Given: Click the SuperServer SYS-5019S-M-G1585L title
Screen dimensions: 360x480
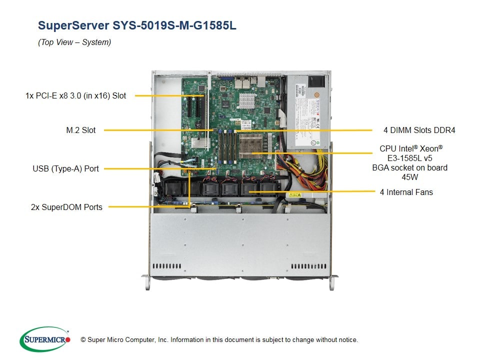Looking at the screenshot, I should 137,25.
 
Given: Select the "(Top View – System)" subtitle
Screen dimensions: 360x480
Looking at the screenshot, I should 74,42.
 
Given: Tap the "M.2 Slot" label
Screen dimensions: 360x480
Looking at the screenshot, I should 80,130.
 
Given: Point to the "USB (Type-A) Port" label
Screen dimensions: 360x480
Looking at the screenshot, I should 65,169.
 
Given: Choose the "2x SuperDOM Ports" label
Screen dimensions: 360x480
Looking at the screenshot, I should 66,207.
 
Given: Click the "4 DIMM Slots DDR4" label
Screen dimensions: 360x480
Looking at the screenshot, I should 419,130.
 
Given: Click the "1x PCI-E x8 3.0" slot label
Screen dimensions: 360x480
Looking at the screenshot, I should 75,95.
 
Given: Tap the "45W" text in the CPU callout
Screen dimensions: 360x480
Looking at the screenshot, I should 409,177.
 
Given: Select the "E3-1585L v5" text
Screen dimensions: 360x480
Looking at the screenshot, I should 409,158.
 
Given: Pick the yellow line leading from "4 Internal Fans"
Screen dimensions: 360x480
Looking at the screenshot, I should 310,192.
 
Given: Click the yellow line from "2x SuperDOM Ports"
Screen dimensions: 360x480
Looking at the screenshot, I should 150,206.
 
